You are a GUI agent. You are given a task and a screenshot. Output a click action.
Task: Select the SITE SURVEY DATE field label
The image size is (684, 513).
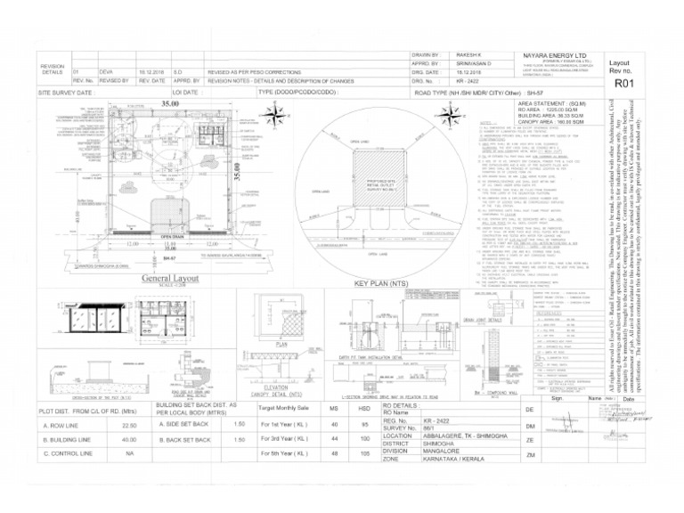67,93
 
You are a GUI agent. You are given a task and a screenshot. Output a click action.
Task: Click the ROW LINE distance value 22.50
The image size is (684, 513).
129,426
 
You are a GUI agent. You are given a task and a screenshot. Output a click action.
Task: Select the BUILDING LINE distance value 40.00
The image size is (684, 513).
129,439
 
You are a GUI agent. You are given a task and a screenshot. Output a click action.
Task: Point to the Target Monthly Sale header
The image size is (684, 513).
284,409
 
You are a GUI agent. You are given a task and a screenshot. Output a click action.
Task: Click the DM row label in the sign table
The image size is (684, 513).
530,426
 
